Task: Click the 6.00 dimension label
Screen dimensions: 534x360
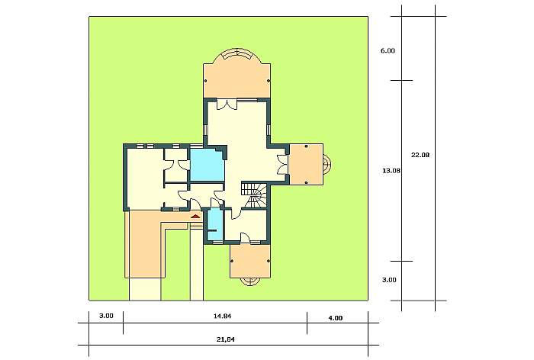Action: [388, 51]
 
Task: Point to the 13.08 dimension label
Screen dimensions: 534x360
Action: [391, 171]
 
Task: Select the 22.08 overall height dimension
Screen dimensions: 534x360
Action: [420, 155]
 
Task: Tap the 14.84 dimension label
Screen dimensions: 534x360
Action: [222, 316]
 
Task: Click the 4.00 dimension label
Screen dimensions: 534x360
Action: [336, 318]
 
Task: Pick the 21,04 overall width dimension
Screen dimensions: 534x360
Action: [226, 339]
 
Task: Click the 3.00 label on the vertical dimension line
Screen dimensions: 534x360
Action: [389, 280]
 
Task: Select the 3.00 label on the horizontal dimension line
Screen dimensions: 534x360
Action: [106, 316]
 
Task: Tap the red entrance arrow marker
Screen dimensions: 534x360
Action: [195, 217]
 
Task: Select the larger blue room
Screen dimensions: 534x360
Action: [207, 166]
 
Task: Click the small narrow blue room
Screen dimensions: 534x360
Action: [214, 225]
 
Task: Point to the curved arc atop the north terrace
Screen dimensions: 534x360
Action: [237, 54]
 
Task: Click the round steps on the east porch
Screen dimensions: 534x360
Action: [327, 165]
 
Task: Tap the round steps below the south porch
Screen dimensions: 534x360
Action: [250, 281]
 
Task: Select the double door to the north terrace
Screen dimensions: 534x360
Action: [227, 104]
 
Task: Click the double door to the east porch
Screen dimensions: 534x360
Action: [283, 165]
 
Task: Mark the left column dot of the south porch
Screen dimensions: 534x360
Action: [232, 262]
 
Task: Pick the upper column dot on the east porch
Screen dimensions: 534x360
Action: [307, 146]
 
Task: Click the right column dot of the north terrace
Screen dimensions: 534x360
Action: [269, 81]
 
